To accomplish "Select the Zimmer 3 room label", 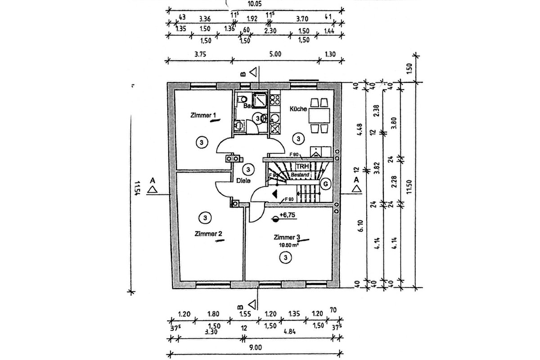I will (286, 237).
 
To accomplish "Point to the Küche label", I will (298, 109).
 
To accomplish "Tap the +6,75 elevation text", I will (286, 216).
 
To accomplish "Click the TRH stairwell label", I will (301, 166).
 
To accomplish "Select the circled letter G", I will (324, 184).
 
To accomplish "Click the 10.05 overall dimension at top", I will (255, 4).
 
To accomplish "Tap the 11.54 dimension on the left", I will (137, 188).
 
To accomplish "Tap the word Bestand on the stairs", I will (300, 174).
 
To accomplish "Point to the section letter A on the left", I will (153, 180).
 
